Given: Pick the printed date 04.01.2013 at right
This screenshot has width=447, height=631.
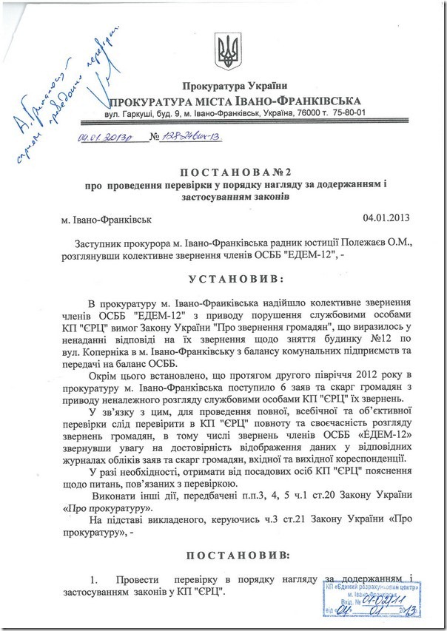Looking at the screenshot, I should tap(386, 219).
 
